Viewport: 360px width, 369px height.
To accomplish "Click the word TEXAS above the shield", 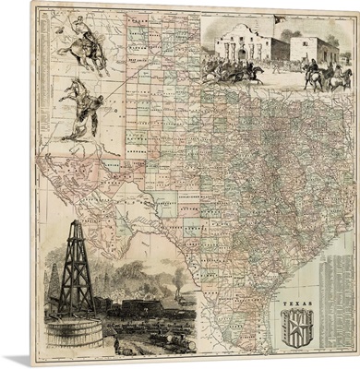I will click(295, 302).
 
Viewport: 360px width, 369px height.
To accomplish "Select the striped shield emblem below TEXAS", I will click(296, 325).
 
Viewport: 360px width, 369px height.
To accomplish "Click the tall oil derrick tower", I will click(77, 268).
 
